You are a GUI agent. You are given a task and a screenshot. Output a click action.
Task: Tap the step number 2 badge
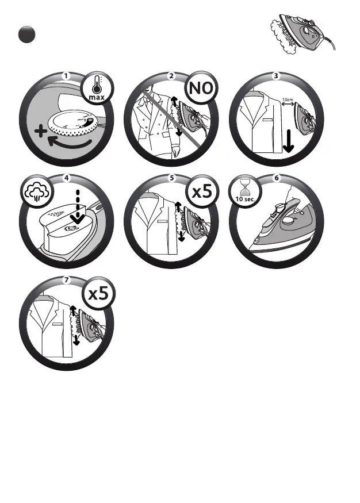[x=171, y=76]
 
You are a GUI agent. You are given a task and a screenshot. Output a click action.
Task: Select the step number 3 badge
[x=277, y=76]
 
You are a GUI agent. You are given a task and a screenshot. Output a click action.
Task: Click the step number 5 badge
[x=171, y=178]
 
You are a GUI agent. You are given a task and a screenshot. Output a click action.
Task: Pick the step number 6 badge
[x=277, y=178]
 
